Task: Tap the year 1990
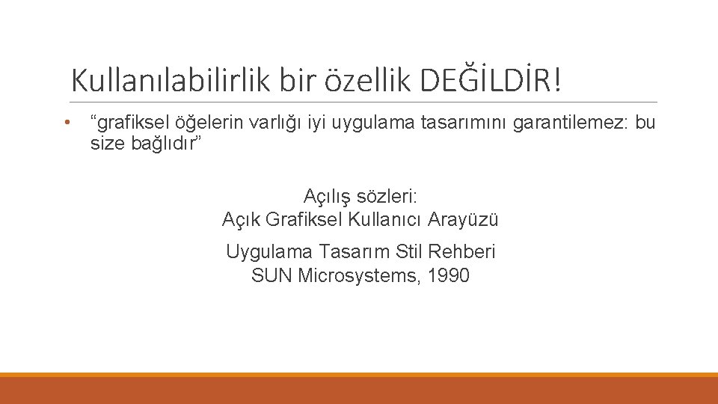pos(450,275)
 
